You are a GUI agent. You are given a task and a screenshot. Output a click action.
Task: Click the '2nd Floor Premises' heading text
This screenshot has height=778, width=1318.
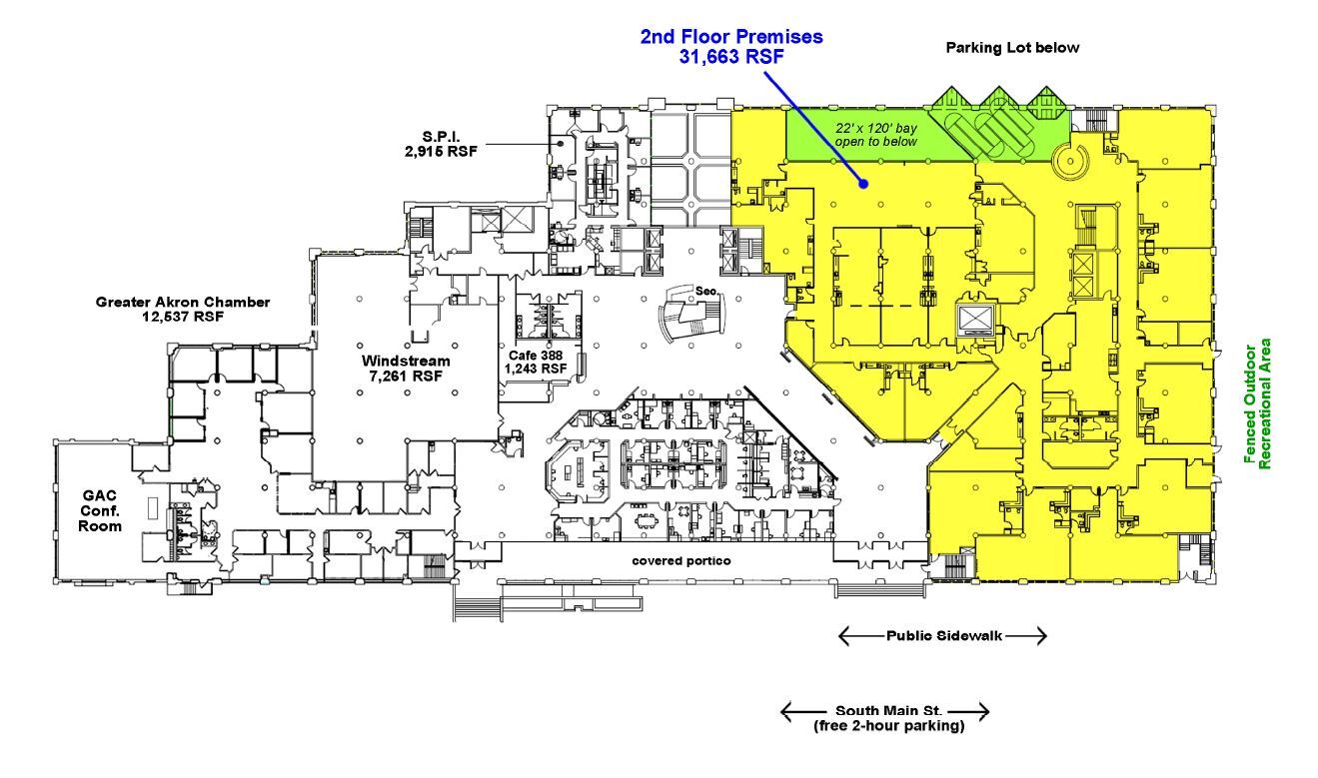pos(731,37)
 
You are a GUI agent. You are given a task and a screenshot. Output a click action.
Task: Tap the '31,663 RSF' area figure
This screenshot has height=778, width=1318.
pos(731,57)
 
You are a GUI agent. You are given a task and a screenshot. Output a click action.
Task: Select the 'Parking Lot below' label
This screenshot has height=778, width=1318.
pos(1013,47)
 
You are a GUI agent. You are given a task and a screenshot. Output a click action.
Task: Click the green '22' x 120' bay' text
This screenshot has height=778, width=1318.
pos(876,128)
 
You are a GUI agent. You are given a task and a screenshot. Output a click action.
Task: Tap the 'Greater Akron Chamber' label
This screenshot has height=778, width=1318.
pos(183,302)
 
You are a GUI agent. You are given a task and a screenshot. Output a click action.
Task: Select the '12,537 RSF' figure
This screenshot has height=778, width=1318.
pos(183,317)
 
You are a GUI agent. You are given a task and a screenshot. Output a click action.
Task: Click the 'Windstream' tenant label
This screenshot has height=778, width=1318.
pos(406,361)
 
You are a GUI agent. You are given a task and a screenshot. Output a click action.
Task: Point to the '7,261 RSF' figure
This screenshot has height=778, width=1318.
pos(406,377)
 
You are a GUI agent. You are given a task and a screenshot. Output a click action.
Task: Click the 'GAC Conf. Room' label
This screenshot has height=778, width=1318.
pos(100,509)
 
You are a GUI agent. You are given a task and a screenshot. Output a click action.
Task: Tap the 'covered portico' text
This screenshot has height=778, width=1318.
pos(680,560)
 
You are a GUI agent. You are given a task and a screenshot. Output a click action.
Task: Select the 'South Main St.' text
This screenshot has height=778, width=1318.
pos(884,711)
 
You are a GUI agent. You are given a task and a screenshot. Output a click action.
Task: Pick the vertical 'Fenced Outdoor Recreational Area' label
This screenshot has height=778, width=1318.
pos(1257,403)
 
